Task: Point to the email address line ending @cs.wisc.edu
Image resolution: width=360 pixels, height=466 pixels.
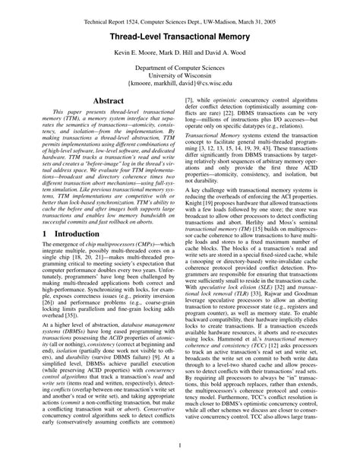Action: (x=179, y=97)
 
